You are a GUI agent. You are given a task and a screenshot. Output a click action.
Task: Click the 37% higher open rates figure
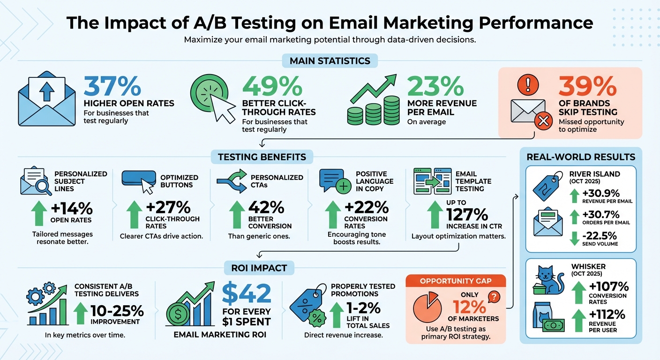[x=112, y=86]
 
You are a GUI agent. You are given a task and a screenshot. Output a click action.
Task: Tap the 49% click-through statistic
[x=272, y=86]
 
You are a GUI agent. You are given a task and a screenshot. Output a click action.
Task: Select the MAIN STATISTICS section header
[x=330, y=61]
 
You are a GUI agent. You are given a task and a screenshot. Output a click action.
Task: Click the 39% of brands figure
[x=588, y=86]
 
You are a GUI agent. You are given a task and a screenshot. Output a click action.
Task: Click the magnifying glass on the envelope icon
[x=44, y=187]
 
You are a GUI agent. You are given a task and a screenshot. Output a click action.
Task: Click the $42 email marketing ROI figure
[x=247, y=293]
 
